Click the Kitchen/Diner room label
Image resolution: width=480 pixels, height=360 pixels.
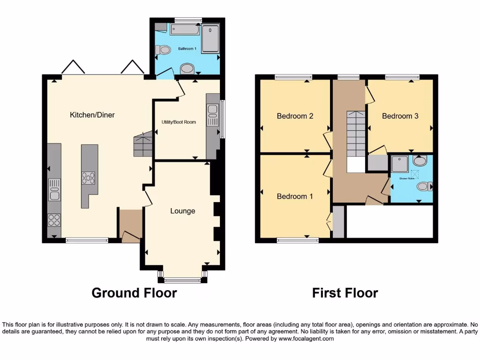click(x=92, y=115)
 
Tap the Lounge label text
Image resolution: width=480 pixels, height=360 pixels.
click(x=182, y=211)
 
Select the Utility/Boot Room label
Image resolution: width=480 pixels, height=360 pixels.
click(x=176, y=122)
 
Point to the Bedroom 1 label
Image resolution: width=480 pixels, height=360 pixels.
click(x=295, y=196)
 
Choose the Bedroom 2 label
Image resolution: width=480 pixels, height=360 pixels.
click(x=295, y=116)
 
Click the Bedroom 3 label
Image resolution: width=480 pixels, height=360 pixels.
click(x=400, y=116)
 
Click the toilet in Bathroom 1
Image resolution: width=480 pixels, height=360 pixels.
click(x=163, y=49)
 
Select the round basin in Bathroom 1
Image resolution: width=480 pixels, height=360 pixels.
click(x=187, y=69)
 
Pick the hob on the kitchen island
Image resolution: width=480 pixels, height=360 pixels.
click(x=89, y=178)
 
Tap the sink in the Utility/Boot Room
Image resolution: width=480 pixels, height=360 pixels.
click(x=212, y=113)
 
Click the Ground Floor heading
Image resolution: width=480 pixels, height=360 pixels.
click(x=134, y=293)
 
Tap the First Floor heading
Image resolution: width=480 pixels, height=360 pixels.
click(x=345, y=293)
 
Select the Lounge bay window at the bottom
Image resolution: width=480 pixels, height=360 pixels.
click(x=182, y=280)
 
